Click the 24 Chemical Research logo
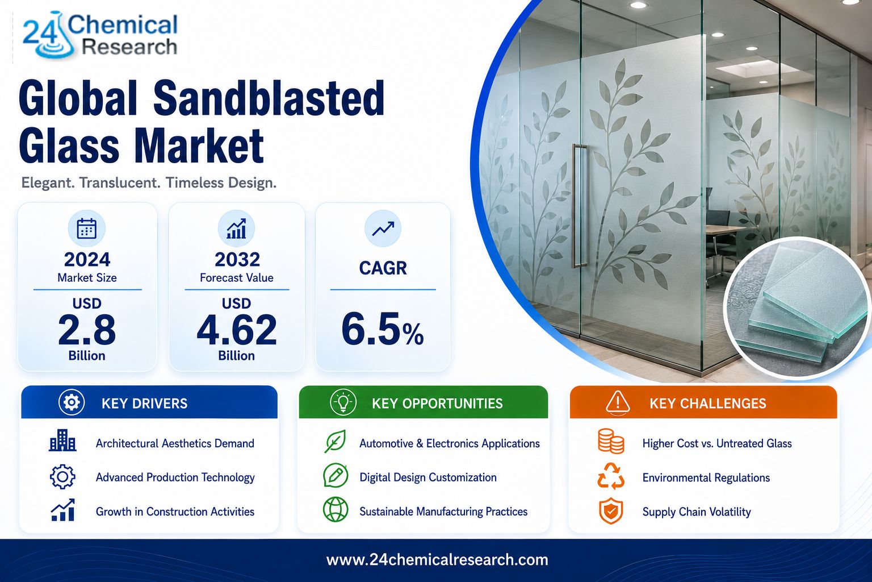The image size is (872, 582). [x=100, y=35]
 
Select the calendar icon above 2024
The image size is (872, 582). [x=86, y=228]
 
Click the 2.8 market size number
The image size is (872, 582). [x=87, y=330]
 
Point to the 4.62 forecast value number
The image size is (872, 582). [x=237, y=330]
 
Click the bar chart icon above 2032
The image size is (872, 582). [x=236, y=228]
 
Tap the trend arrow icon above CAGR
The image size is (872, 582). [x=383, y=228]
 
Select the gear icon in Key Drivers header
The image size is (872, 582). [x=72, y=402]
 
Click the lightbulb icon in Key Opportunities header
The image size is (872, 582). [x=343, y=402]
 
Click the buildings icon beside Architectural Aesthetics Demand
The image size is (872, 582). [x=62, y=440]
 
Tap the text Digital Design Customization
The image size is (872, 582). [x=428, y=477]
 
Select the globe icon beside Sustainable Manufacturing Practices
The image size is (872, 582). [x=336, y=509]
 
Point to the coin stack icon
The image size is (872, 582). [x=611, y=441]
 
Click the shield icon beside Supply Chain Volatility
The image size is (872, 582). [x=611, y=510]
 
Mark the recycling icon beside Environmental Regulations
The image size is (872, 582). [x=611, y=476]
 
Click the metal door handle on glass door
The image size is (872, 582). [x=579, y=206]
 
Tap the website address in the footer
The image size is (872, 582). [x=437, y=560]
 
